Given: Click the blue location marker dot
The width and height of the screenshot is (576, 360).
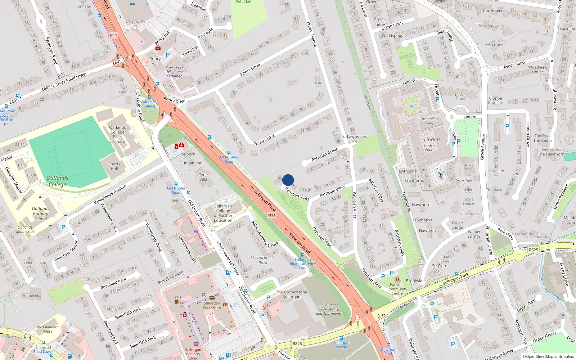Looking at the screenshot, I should point(288,180).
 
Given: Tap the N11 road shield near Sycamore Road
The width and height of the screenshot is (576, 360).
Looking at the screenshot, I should point(113,35).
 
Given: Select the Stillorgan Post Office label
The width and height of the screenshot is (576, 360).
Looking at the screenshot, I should point(211,305).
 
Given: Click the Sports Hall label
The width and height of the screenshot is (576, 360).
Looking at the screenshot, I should point(114,166).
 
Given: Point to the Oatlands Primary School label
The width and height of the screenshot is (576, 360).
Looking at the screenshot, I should point(40,213).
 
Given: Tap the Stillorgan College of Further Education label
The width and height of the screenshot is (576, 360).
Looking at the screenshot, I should point(223,213).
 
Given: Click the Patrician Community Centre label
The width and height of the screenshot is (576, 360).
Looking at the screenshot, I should point(397,289).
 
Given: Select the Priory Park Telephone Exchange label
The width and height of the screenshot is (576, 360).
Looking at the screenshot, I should point(174,72).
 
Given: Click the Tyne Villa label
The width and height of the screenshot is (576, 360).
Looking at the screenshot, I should point(203,177).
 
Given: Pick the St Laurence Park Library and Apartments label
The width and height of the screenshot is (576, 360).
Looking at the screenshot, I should point(329,309).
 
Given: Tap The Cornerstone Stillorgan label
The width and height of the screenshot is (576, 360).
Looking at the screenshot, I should point(292,294).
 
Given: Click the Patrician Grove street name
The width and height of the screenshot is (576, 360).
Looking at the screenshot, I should point(325,154).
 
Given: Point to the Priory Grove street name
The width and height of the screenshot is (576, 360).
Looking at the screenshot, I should point(264,140).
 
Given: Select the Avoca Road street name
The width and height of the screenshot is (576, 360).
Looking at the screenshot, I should point(514,65).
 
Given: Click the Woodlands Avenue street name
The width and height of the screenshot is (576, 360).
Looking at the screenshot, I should point(110,194).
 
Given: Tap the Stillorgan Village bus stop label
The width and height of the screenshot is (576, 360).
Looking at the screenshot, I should point(341,345).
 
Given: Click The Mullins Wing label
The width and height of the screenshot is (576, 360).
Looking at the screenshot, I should point(429,121).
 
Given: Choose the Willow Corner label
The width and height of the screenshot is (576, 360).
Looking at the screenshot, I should point(474,234).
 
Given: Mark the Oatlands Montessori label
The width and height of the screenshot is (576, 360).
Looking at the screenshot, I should point(25,229).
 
